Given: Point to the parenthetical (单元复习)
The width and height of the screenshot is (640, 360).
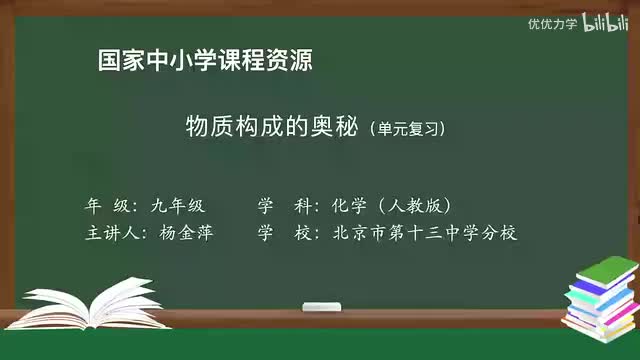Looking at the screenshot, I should (405, 129).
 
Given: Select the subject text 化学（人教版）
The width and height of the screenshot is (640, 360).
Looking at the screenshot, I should (394, 206).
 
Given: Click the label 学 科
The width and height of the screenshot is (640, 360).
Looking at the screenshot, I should (279, 206).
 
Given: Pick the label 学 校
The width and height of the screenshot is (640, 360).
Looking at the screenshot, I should (279, 233).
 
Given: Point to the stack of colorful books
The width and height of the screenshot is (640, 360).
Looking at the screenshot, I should (600, 297).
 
